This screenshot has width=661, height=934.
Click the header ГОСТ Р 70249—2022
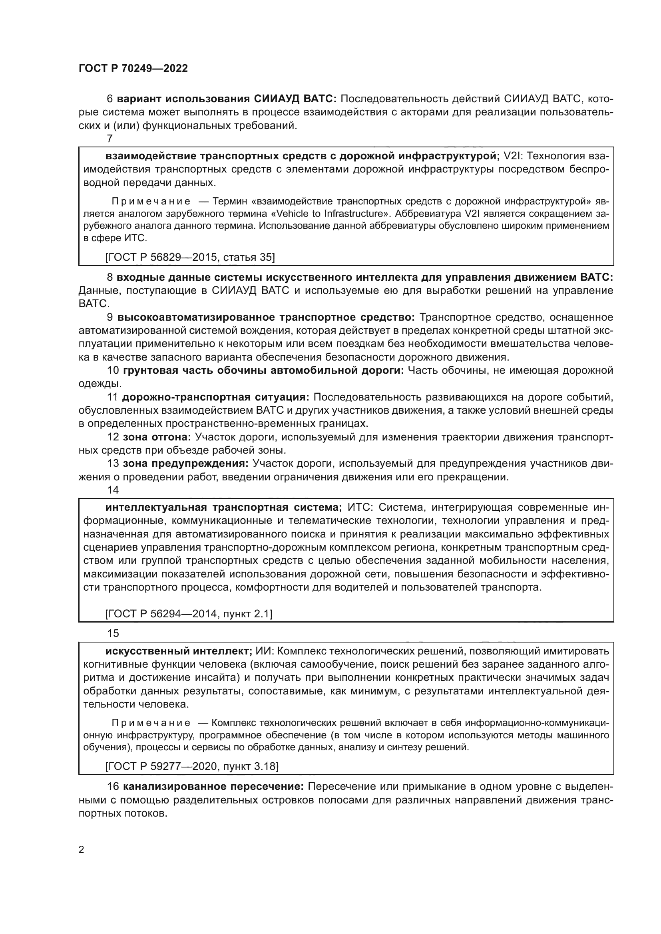point(133,68)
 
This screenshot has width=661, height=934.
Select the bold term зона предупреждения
point(185,463)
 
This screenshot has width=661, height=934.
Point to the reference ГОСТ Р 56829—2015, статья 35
point(190,257)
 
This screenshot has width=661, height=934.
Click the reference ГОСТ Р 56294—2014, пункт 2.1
point(189,613)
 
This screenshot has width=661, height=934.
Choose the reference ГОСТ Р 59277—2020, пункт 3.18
point(192,766)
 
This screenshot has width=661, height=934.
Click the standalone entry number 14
point(113,490)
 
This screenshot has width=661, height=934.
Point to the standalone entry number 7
point(110,139)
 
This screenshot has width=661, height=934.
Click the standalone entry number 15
point(113,633)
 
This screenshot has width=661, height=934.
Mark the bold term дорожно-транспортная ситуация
point(216,397)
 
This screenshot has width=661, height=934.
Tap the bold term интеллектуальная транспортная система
point(223,507)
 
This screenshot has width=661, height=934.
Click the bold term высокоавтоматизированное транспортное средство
point(266,317)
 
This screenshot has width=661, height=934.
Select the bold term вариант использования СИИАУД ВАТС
point(227,99)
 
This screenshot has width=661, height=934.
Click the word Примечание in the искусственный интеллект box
point(151,723)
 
